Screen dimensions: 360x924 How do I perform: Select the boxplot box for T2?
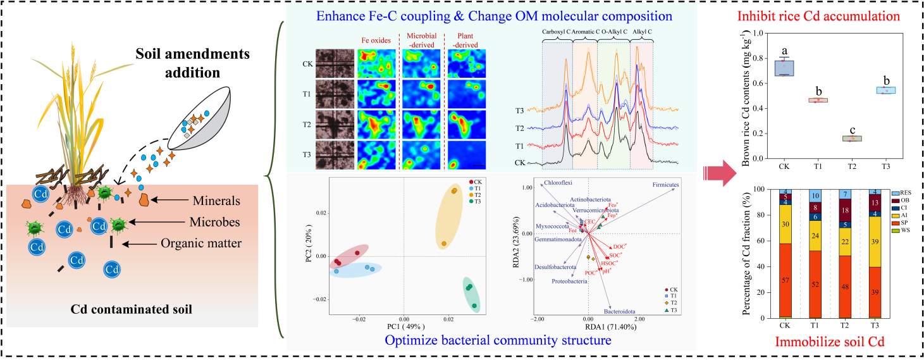(x=851, y=138)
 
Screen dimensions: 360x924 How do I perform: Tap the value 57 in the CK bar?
(x=785, y=280)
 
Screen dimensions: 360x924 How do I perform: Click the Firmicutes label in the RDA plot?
(x=670, y=185)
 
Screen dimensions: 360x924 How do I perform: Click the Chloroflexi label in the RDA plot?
(x=558, y=183)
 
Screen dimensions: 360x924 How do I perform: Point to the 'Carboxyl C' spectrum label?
(x=556, y=30)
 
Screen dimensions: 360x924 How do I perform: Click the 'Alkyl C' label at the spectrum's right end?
(x=643, y=30)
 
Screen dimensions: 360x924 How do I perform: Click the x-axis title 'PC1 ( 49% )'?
(x=403, y=326)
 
